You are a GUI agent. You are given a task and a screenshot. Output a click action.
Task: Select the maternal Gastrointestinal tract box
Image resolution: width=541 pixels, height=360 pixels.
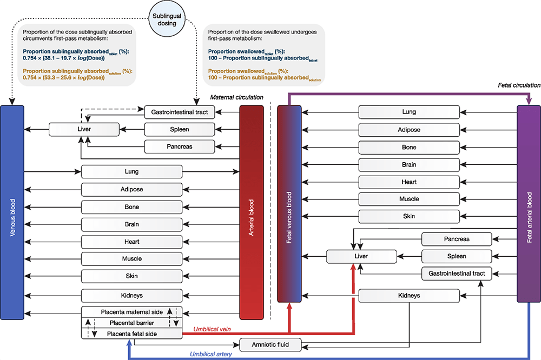click(180, 112)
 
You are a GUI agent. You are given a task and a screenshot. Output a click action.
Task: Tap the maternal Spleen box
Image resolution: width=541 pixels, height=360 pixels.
click(180, 129)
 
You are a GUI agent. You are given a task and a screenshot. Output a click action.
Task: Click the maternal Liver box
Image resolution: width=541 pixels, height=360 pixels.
click(83, 129)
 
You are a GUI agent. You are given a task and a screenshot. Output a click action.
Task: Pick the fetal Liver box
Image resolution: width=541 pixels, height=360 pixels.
click(361, 256)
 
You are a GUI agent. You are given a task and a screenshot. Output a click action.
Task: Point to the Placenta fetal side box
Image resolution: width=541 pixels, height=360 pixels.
click(132, 334)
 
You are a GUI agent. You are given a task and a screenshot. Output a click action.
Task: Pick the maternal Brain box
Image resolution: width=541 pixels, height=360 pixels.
click(131, 224)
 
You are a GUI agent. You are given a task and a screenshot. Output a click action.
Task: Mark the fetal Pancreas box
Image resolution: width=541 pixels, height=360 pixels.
click(456, 239)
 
